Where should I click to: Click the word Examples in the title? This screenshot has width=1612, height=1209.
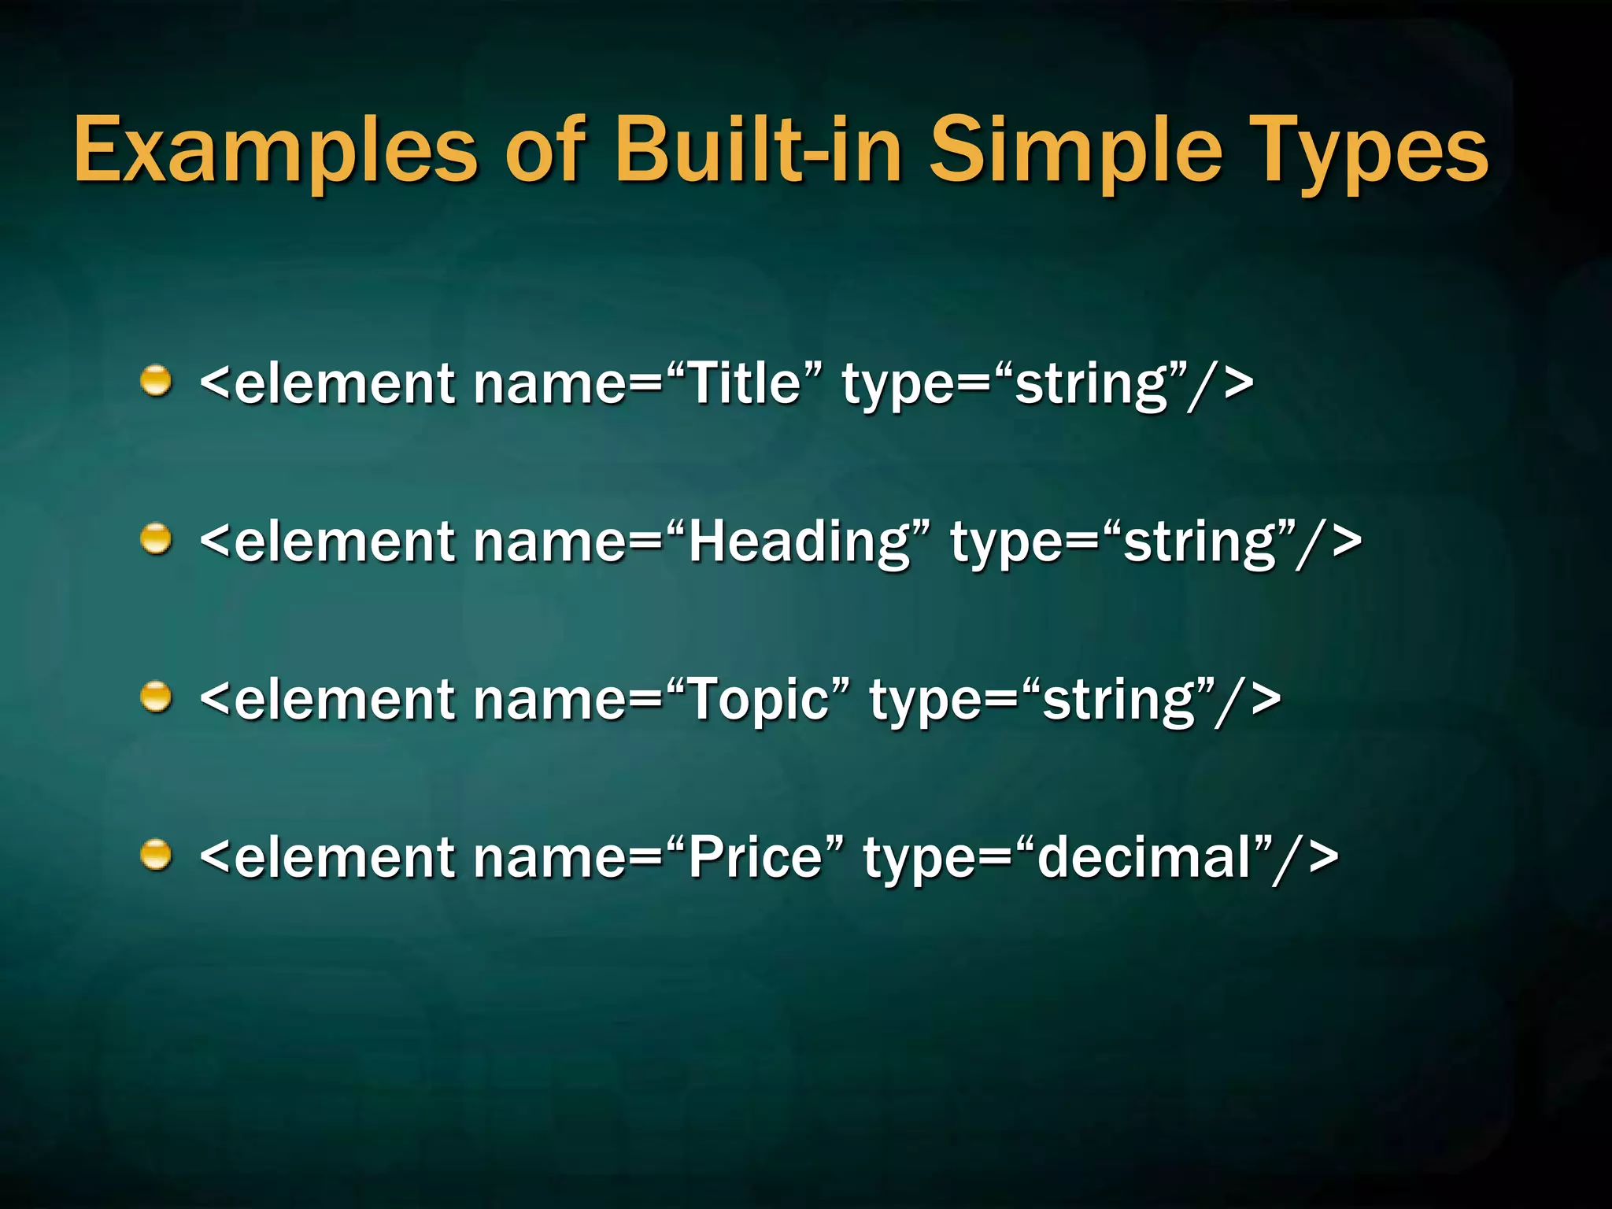pyautogui.click(x=275, y=150)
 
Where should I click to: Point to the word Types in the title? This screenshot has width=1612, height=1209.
pyautogui.click(x=1370, y=150)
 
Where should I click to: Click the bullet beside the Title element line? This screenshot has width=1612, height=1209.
pyautogui.click(x=156, y=381)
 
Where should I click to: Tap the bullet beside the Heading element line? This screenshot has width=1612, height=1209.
pyautogui.click(x=156, y=539)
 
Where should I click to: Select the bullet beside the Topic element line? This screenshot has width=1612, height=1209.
pyautogui.click(x=156, y=697)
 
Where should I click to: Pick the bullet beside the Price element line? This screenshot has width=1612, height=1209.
pyautogui.click(x=156, y=856)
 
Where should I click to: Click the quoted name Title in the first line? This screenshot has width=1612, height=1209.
pyautogui.click(x=745, y=384)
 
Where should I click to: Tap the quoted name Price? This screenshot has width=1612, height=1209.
pyautogui.click(x=755, y=858)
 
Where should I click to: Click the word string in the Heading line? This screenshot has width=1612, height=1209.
pyautogui.click(x=1200, y=544)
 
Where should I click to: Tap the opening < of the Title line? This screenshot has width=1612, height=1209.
pyautogui.click(x=215, y=384)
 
